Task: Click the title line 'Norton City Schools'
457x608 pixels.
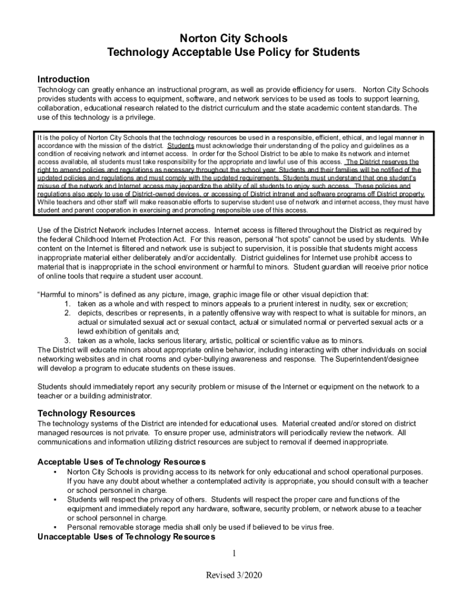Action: pos(228,39)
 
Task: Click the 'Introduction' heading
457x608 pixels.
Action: pos(64,79)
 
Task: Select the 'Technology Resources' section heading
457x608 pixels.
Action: pos(86,413)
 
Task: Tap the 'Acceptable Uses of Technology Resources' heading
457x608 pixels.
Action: pos(121,461)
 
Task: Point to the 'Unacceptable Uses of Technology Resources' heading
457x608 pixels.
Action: pos(126,537)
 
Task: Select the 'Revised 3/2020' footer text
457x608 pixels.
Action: pos(234,575)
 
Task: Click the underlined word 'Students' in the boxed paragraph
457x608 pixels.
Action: pos(180,145)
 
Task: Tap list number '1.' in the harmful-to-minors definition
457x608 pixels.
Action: pos(68,303)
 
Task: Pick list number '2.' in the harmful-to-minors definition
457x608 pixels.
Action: pos(68,312)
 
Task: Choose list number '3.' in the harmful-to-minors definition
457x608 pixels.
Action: pos(68,340)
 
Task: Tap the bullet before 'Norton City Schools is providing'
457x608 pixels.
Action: pos(55,471)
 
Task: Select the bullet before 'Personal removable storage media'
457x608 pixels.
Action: pos(55,527)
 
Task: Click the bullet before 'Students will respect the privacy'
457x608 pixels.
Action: pos(55,499)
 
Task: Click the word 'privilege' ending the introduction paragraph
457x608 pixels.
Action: pos(138,118)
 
